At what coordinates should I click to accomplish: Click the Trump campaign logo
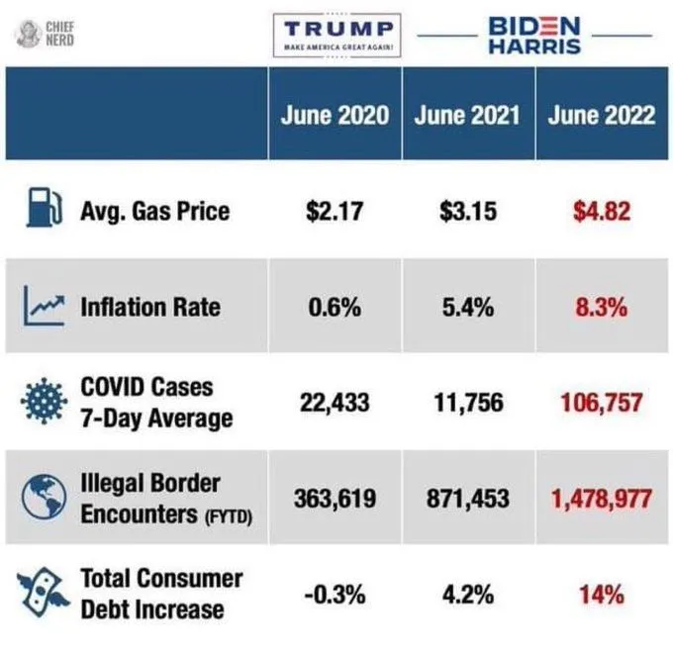(336, 36)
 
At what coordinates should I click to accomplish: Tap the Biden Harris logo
(534, 36)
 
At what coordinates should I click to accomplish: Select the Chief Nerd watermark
(46, 34)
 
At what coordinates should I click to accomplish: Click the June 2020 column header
(335, 115)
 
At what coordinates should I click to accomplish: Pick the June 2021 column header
(467, 115)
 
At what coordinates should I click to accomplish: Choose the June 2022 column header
(602, 115)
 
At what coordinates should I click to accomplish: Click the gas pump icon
(45, 207)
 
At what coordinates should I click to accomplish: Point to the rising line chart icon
(44, 306)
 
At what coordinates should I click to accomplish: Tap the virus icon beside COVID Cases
(44, 401)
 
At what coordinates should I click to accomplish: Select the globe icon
(44, 498)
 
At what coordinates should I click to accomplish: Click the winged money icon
(43, 593)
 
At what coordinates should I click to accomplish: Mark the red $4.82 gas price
(602, 211)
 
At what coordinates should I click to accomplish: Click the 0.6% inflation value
(335, 308)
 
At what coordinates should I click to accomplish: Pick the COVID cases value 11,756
(468, 403)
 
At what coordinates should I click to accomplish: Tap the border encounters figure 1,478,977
(602, 499)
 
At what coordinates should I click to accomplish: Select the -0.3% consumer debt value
(335, 595)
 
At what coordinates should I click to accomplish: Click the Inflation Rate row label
(150, 308)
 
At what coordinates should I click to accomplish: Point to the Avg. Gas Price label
(155, 212)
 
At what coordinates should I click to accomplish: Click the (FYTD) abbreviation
(229, 517)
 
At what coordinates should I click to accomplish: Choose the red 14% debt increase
(602, 595)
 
